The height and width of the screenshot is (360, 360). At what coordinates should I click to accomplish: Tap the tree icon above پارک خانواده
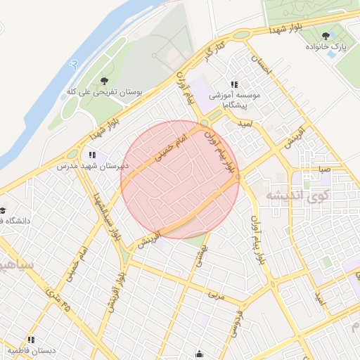325,35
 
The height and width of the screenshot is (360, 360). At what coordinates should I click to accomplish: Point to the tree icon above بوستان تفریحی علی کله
105,81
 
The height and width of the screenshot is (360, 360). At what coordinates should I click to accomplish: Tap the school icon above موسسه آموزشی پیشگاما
234,84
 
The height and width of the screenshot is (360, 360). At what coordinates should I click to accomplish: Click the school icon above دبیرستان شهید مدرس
92,155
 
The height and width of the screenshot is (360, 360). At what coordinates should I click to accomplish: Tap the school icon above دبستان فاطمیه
31,340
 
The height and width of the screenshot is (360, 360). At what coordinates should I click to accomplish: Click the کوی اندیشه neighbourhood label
300,195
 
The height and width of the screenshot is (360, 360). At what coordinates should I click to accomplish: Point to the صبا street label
323,169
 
